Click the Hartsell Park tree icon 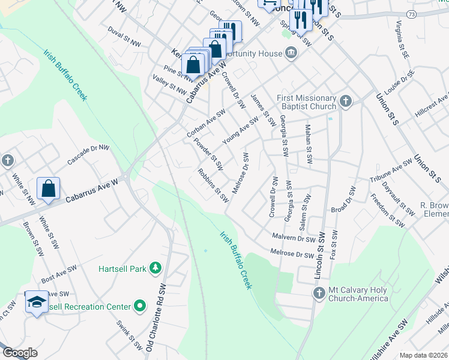point(155,268)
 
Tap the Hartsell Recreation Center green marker point(140,307)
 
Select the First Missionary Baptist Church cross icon point(345,101)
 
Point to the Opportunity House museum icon point(292,53)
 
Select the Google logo point(20,352)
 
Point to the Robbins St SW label point(213,185)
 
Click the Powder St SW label point(208,154)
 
